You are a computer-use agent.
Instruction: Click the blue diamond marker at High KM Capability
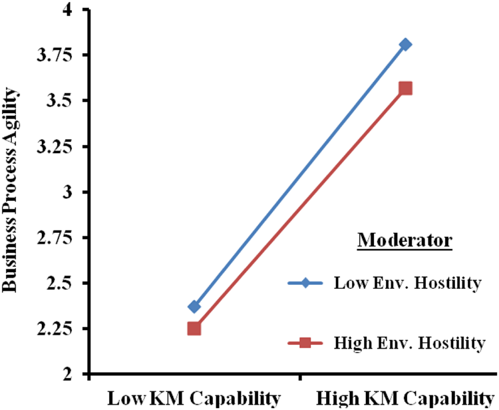405,45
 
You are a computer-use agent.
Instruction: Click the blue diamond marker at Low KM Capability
194,306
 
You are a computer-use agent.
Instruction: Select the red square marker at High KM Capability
405,89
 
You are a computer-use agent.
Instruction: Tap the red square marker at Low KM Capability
194,328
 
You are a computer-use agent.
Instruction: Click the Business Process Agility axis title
11,192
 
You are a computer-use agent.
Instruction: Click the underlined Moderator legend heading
405,240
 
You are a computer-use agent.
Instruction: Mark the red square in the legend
305,343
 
